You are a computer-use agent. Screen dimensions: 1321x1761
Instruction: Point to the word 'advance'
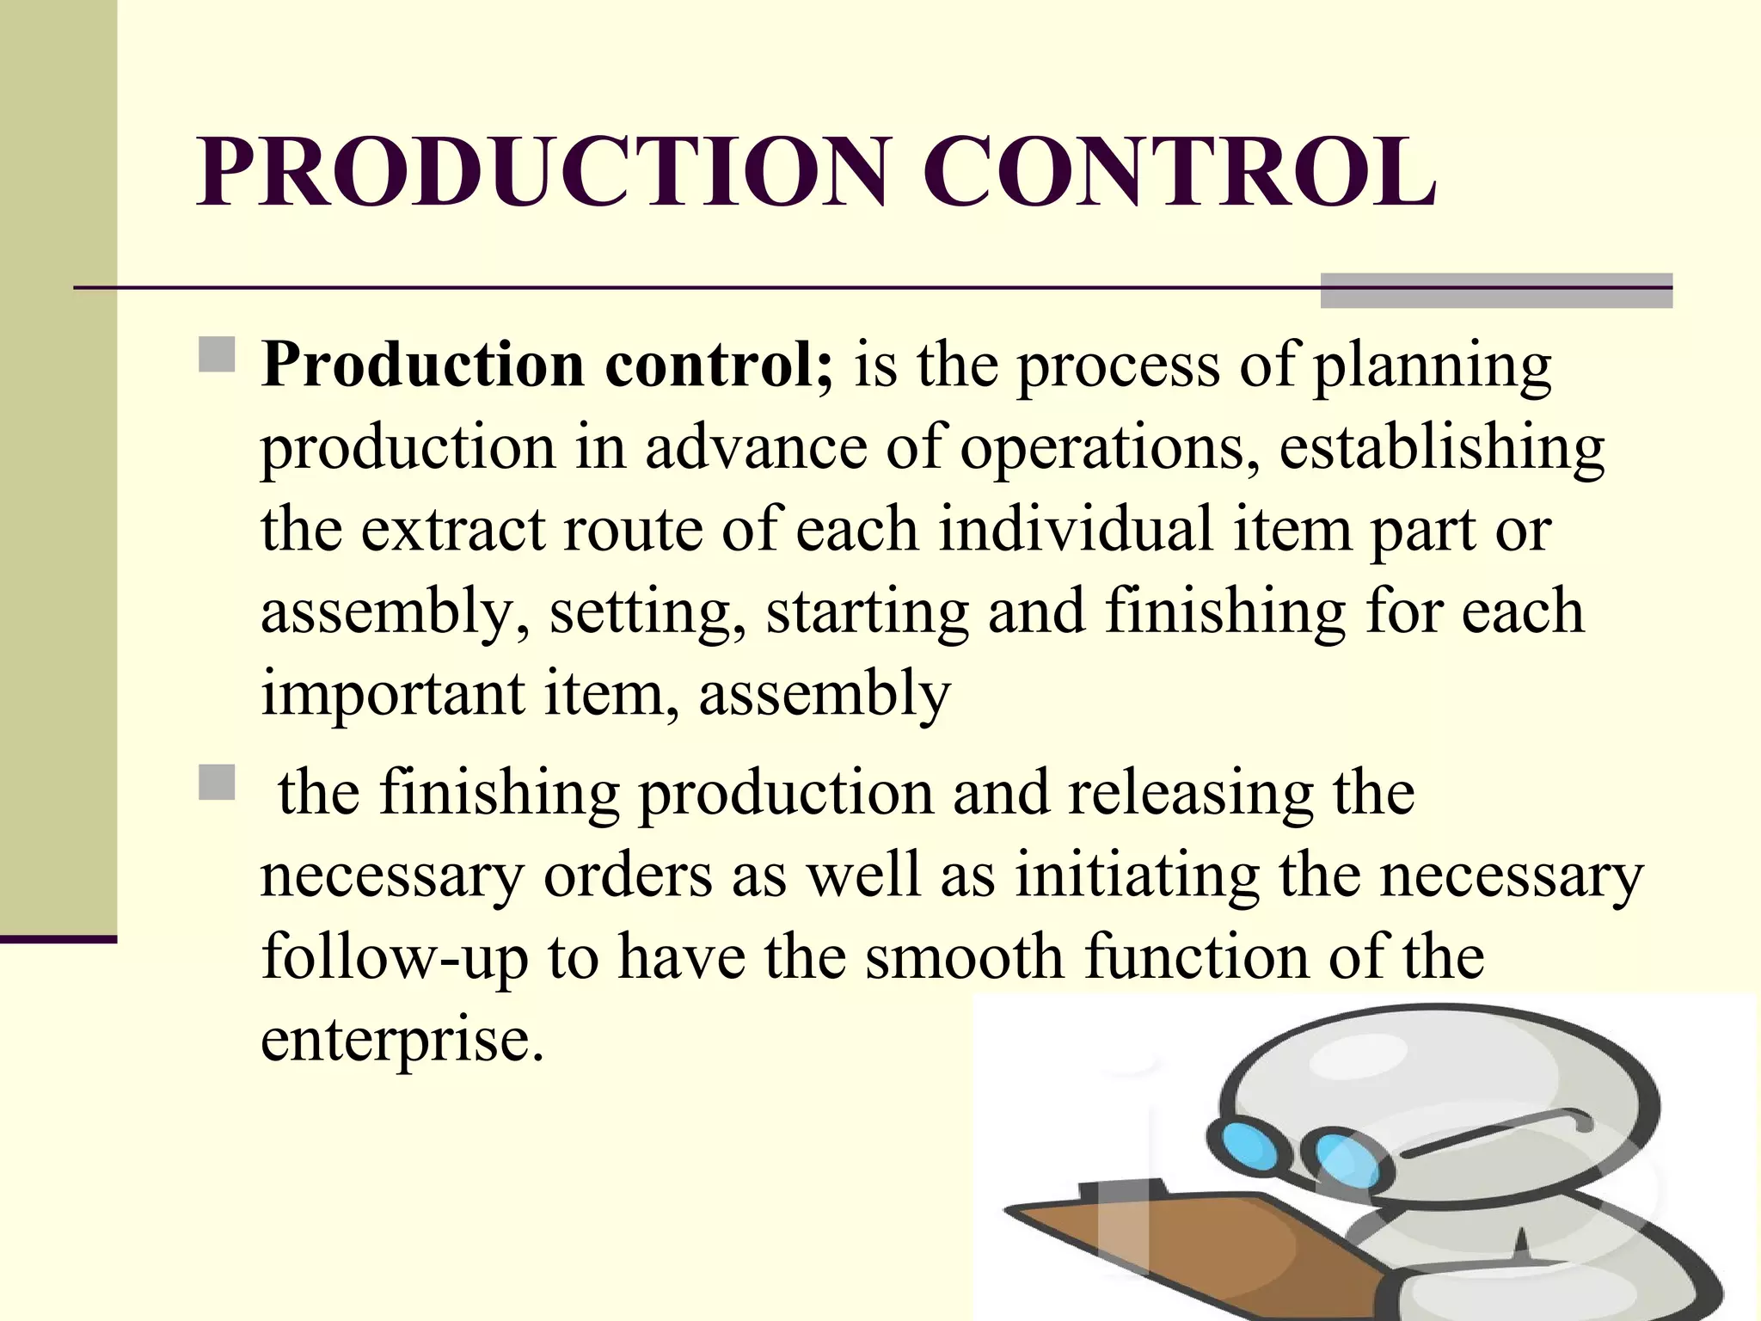tap(756, 447)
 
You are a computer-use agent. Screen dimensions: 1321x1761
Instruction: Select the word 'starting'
tap(867, 612)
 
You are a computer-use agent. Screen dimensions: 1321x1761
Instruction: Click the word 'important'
tap(392, 694)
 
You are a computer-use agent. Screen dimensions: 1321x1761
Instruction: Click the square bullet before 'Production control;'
tap(217, 354)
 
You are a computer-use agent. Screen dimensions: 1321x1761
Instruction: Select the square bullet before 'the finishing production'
tap(217, 783)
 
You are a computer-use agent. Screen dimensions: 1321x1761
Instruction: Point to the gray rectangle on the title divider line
tap(1496, 291)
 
